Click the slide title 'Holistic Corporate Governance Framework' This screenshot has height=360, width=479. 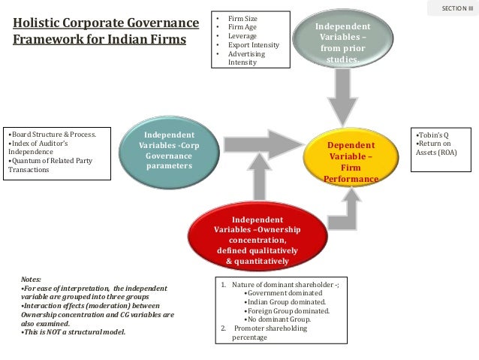point(106,31)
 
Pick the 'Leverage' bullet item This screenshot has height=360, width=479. point(244,36)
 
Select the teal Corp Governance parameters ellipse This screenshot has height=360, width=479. point(169,150)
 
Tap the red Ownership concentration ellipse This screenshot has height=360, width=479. point(257,239)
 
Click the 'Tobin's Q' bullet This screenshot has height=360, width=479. point(429,135)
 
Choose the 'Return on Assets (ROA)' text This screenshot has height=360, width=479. point(435,147)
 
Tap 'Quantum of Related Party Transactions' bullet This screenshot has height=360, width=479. point(49,165)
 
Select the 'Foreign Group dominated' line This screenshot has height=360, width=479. point(287,310)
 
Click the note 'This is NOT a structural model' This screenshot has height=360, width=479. point(74,331)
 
